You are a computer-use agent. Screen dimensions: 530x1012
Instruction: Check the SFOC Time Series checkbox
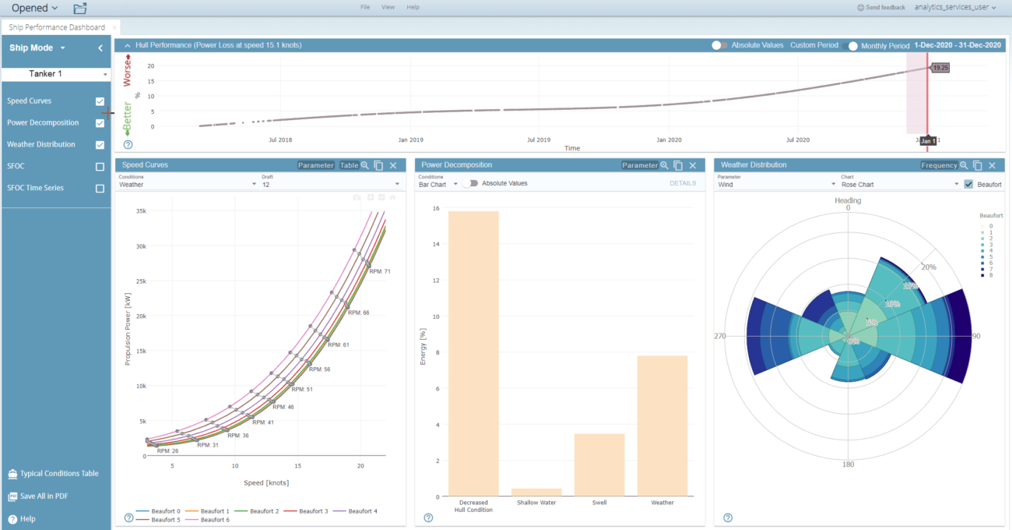click(100, 188)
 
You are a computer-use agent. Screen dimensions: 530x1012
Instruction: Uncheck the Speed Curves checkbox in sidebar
click(100, 101)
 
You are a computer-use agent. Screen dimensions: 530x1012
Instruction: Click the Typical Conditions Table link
click(59, 473)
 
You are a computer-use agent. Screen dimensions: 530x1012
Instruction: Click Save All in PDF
click(44, 496)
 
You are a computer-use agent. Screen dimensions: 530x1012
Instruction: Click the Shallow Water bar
click(536, 492)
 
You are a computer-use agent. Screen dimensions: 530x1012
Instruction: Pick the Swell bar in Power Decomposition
click(599, 465)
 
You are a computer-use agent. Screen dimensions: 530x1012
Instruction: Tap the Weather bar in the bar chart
click(662, 426)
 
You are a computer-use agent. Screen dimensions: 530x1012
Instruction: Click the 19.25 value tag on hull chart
click(940, 68)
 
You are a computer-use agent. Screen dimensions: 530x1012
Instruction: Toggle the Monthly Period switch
click(852, 46)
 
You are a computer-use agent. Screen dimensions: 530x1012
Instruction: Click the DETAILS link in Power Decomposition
click(683, 184)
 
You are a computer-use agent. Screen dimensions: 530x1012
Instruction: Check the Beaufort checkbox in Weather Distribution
click(968, 185)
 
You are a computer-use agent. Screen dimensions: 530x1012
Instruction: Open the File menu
click(365, 7)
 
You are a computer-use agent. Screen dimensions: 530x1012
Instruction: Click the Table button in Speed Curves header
click(349, 165)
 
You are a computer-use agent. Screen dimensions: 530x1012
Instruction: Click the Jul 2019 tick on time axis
click(538, 140)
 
